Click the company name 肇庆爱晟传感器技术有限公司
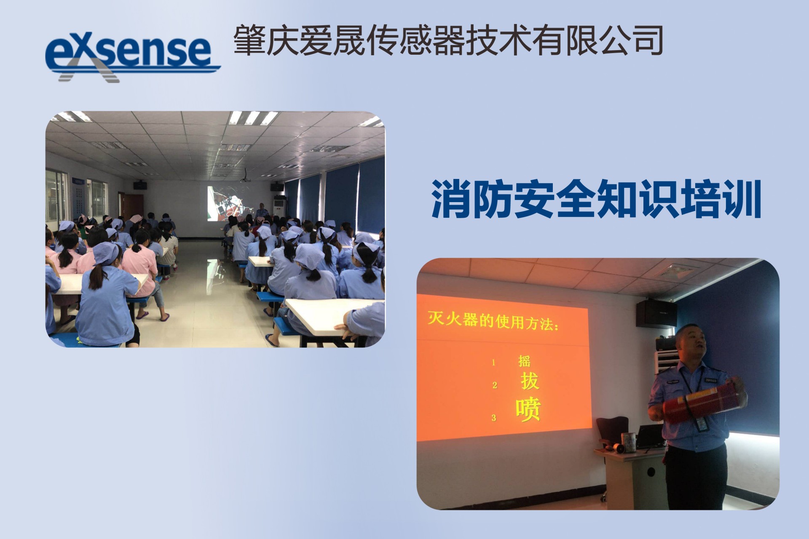tap(448, 40)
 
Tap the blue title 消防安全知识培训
tap(596, 199)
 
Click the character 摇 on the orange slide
tap(524, 361)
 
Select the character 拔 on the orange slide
tap(530, 381)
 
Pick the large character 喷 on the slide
tap(528, 408)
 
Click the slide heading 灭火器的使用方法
tap(493, 321)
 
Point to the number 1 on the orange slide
tap(493, 362)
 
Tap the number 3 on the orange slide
tap(493, 418)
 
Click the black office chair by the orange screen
tap(613, 434)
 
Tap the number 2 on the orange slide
tap(495, 385)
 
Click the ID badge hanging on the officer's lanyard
tap(701, 424)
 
